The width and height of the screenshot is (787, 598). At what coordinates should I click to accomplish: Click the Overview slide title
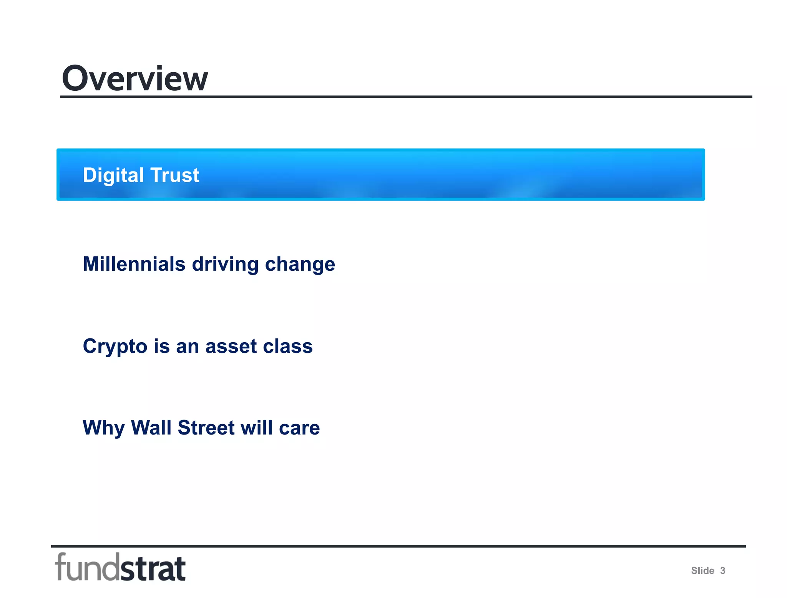tap(134, 78)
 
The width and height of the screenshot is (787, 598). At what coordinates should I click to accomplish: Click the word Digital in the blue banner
tap(113, 175)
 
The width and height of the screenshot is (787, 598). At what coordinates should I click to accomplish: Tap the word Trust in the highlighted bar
tap(175, 175)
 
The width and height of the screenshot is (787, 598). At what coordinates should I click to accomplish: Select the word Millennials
tap(134, 264)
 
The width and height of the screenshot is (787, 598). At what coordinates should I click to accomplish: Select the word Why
tap(103, 428)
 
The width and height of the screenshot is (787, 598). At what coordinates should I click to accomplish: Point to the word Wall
tap(151, 428)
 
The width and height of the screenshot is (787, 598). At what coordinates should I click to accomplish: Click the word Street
tap(206, 428)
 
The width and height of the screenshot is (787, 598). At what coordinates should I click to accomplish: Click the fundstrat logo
tap(120, 567)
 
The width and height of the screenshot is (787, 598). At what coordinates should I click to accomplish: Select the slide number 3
tap(722, 571)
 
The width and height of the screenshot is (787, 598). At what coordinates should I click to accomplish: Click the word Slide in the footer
tap(702, 571)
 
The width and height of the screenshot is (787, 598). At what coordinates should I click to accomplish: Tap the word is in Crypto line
tap(162, 346)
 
